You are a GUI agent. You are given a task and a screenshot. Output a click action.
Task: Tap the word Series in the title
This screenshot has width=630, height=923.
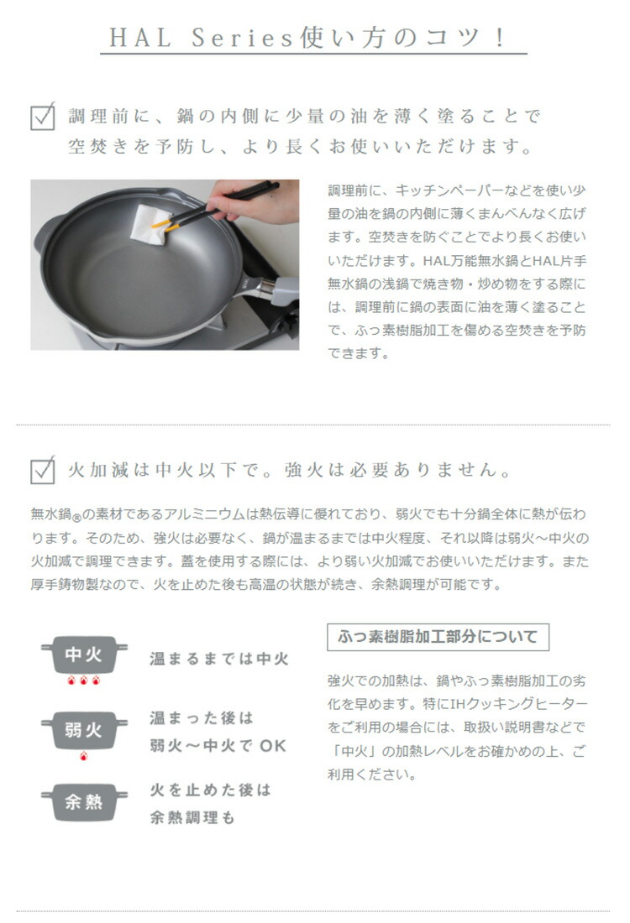(x=237, y=38)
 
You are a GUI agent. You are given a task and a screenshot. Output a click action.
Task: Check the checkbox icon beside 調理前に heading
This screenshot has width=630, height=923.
(x=43, y=117)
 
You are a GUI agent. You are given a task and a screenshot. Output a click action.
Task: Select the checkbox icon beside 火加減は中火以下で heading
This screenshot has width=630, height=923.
(x=43, y=470)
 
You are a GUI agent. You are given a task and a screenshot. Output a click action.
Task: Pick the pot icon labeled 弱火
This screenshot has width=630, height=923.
(x=84, y=729)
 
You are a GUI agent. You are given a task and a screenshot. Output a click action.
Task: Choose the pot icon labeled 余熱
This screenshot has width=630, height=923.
(x=84, y=802)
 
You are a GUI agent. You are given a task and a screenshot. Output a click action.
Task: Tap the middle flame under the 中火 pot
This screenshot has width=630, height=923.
(x=84, y=681)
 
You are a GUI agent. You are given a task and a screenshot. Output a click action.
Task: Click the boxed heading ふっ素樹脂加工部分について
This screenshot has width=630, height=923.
(x=437, y=637)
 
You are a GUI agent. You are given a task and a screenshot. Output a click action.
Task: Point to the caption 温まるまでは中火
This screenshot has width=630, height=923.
(x=219, y=660)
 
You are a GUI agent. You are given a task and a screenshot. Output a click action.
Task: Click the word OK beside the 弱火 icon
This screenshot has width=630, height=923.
(x=273, y=746)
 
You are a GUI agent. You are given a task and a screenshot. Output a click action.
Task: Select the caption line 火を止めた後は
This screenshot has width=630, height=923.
(x=211, y=790)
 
